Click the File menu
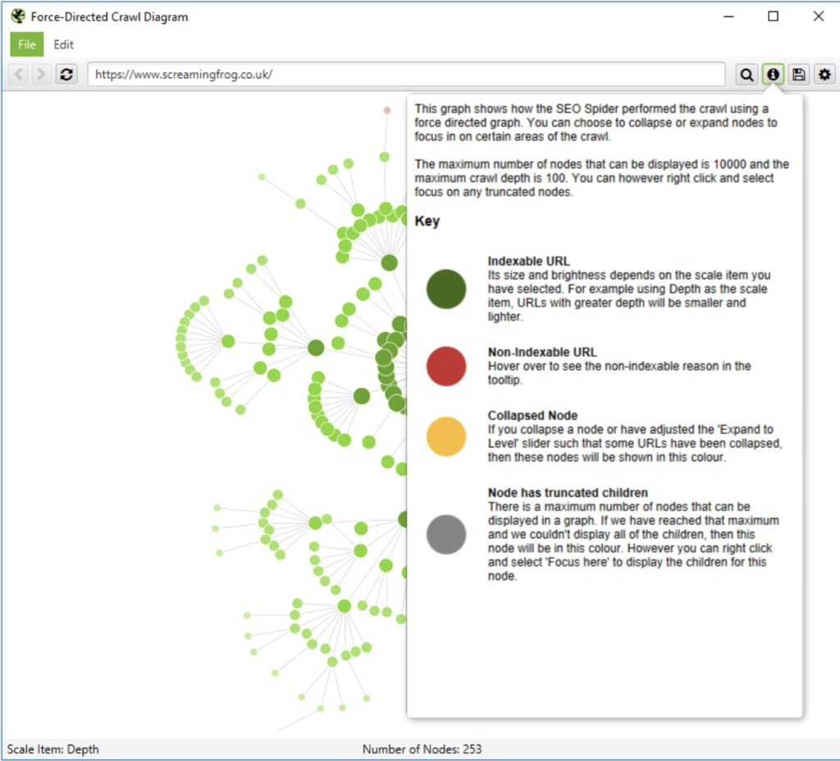click(x=26, y=44)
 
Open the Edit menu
click(x=64, y=44)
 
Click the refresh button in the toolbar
click(x=66, y=75)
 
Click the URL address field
click(x=406, y=75)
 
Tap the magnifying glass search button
click(x=746, y=75)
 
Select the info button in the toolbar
click(x=772, y=75)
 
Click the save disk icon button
click(x=798, y=75)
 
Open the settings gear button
click(x=824, y=75)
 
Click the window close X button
click(x=818, y=16)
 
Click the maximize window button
click(x=773, y=16)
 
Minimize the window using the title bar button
click(x=728, y=16)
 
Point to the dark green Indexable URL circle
click(x=446, y=289)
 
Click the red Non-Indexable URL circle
click(x=446, y=366)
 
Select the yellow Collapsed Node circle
click(x=446, y=436)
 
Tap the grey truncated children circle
click(x=446, y=535)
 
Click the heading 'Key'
click(x=427, y=221)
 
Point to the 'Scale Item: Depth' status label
click(x=53, y=749)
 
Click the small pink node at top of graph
click(x=387, y=110)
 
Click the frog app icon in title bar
click(x=18, y=16)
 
